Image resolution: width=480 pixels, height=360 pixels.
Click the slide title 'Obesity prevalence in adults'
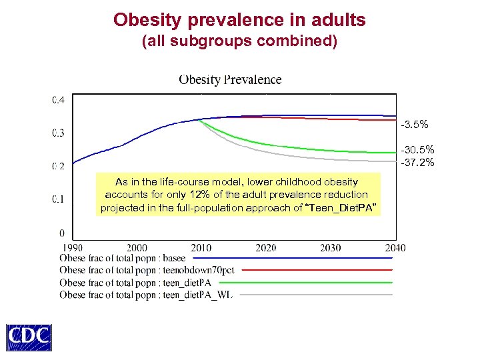tap(239, 20)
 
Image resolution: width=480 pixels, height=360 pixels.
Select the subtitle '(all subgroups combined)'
tap(239, 41)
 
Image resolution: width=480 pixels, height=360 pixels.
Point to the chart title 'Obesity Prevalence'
tap(230, 80)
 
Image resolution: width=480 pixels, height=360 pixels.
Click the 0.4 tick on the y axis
tap(59, 100)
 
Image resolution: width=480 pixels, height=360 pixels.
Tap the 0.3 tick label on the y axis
tap(59, 133)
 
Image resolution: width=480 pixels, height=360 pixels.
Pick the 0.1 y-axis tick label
tap(59, 199)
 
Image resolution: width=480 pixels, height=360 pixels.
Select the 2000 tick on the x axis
tap(137, 248)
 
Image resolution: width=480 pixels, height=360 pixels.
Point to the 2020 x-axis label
tap(266, 248)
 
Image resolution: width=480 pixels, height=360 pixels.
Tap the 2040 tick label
tap(395, 248)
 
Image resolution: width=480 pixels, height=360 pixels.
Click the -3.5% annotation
tap(415, 125)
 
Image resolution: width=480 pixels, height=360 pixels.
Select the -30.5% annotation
tap(417, 150)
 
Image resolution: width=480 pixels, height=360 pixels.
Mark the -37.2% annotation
tap(417, 162)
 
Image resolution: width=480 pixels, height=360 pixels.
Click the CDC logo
tap(29, 337)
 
